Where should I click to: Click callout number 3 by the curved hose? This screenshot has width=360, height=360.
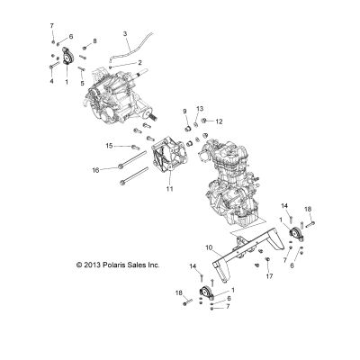coord(125,33)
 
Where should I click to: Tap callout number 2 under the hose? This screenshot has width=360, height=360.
coord(139,63)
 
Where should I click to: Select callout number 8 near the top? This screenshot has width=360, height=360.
coord(94,40)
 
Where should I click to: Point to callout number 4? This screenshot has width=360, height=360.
coord(51,81)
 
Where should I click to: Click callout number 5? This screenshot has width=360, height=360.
coord(82,83)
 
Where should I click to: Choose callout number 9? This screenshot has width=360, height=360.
coord(184,112)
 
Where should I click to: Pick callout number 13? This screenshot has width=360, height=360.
coord(200,109)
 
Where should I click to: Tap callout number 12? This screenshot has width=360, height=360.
coord(220,121)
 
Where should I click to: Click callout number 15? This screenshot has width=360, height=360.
coord(109,146)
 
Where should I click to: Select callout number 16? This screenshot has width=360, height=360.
coord(95,170)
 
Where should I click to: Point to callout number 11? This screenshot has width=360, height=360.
coord(170,189)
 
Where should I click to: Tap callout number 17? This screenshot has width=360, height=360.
coord(269,276)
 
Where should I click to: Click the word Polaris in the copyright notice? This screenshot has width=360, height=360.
coord(115,265)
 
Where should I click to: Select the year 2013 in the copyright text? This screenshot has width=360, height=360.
coord(93,265)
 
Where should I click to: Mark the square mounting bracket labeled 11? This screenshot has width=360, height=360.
coord(169,155)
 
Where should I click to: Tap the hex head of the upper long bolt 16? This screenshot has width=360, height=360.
coord(121,166)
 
